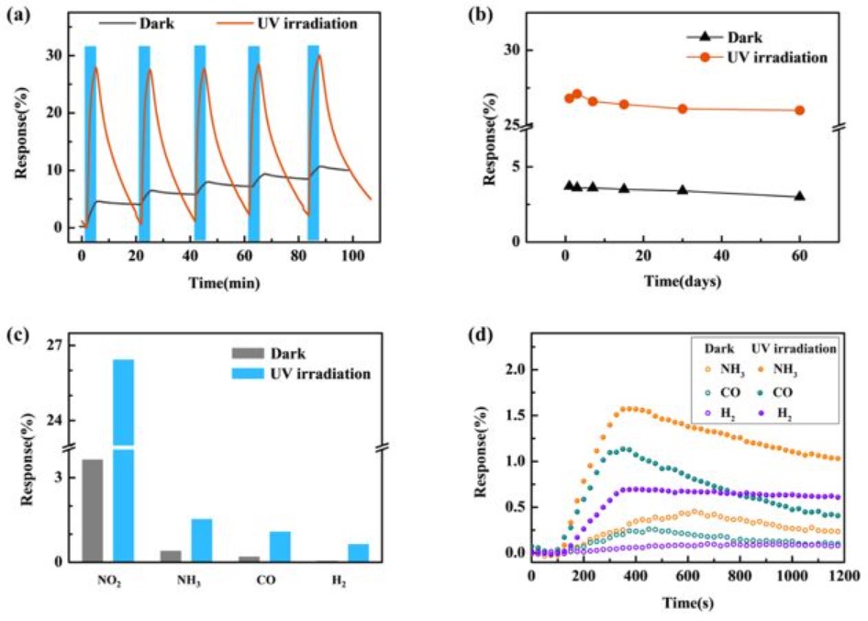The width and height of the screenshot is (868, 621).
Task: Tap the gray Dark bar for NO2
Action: click(x=93, y=510)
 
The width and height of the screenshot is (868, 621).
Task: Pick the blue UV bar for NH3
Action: click(x=202, y=539)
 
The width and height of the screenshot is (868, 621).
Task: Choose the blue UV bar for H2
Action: click(x=359, y=552)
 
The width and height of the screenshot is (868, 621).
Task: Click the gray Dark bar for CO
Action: click(x=249, y=559)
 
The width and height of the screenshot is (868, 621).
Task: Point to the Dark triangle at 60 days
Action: click(x=799, y=196)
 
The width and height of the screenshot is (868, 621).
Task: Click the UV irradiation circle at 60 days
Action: click(x=799, y=110)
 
